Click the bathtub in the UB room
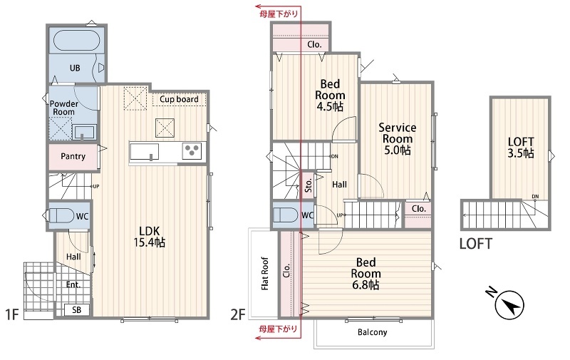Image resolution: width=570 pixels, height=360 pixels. coord(76,41)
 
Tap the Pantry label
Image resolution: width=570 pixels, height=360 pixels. coord(73,156)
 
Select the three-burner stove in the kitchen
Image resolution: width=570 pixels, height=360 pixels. coord(192,150)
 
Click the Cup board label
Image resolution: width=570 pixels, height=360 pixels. coord(180,99)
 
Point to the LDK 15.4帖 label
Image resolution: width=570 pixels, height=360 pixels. coord(150,237)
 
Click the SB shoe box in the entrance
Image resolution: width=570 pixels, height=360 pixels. coord(76,310)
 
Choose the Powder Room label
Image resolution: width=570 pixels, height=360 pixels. coord(63,108)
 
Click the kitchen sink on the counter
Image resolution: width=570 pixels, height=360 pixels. coord(145,151)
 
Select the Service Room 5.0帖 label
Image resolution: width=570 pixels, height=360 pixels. coord(398,138)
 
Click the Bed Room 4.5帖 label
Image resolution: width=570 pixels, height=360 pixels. coord(330,96)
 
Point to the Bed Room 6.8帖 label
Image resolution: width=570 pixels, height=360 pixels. coord(366,274)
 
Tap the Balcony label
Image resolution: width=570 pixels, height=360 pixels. coord(372,332)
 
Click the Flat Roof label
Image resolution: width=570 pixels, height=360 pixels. coord(264,274)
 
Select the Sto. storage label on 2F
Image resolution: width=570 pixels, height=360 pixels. coord(309,185)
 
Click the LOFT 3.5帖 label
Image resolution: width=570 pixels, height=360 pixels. coord(521,148)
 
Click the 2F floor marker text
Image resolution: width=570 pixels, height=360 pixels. coord(238,314)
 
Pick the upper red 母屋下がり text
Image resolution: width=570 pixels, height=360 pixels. coord(279,14)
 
